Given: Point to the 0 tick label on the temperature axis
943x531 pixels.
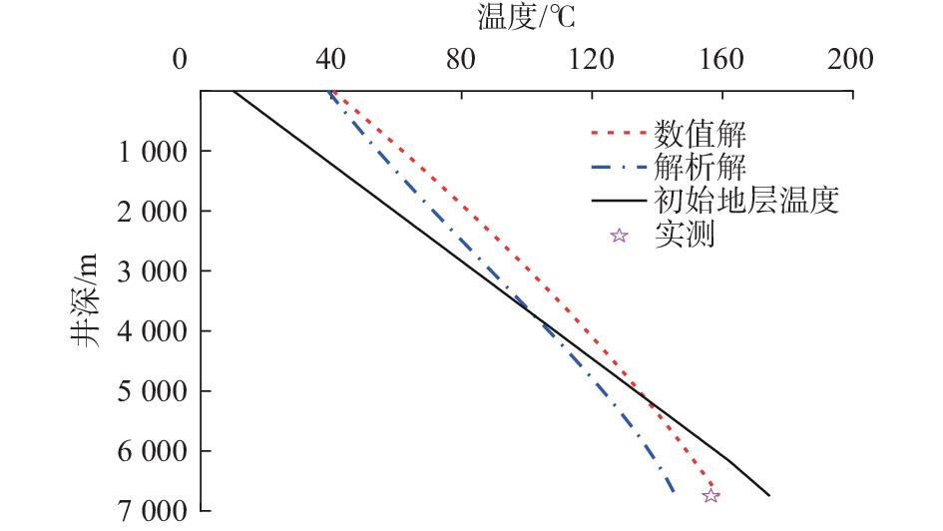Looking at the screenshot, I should click(179, 60).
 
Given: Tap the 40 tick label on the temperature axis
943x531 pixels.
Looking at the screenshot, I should click(330, 60).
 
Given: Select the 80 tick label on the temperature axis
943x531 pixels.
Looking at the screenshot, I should click(460, 60).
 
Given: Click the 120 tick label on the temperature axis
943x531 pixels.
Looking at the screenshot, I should click(590, 60).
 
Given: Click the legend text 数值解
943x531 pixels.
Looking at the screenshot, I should click(701, 132).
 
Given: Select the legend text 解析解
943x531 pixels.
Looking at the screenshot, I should click(701, 166).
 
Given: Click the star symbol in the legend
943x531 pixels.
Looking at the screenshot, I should click(619, 236).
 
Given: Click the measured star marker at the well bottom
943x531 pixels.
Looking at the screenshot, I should click(710, 495).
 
